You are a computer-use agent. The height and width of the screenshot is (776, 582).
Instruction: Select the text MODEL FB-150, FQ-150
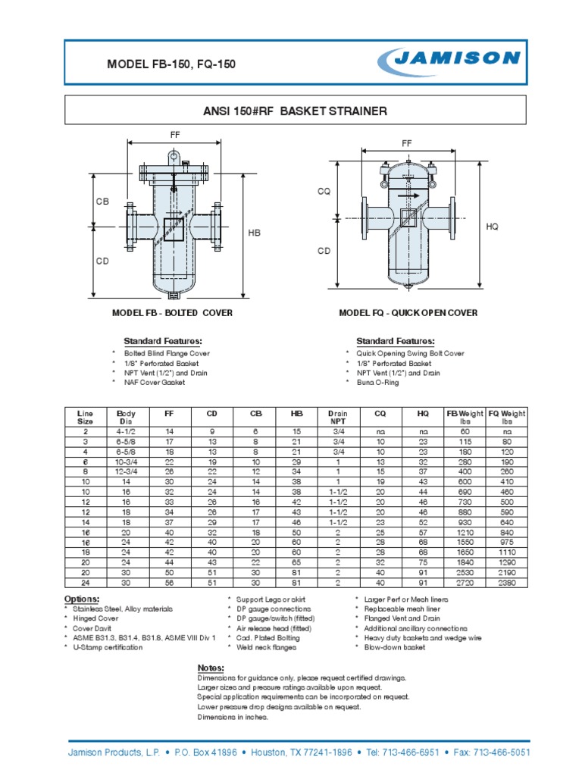171,64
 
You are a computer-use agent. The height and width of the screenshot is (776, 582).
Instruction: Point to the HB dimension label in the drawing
255,233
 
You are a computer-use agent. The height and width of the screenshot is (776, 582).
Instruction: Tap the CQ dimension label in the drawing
324,192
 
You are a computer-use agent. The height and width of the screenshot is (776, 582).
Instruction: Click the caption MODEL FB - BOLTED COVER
172,313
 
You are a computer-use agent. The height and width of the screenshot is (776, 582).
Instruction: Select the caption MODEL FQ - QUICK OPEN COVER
408,313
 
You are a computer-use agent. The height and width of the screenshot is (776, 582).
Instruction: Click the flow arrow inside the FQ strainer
409,195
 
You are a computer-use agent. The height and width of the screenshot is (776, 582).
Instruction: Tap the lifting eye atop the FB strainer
174,157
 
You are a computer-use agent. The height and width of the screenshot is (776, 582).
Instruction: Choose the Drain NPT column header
338,417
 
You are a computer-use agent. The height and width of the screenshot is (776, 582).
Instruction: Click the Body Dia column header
124,417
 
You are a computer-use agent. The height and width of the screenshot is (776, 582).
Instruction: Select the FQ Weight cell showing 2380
507,583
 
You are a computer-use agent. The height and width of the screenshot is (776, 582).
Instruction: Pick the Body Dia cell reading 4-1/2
124,430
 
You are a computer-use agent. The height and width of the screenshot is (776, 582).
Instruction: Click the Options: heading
82,599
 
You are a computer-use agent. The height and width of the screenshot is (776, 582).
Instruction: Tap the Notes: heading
210,667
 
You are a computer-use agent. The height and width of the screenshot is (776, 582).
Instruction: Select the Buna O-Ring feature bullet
377,383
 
